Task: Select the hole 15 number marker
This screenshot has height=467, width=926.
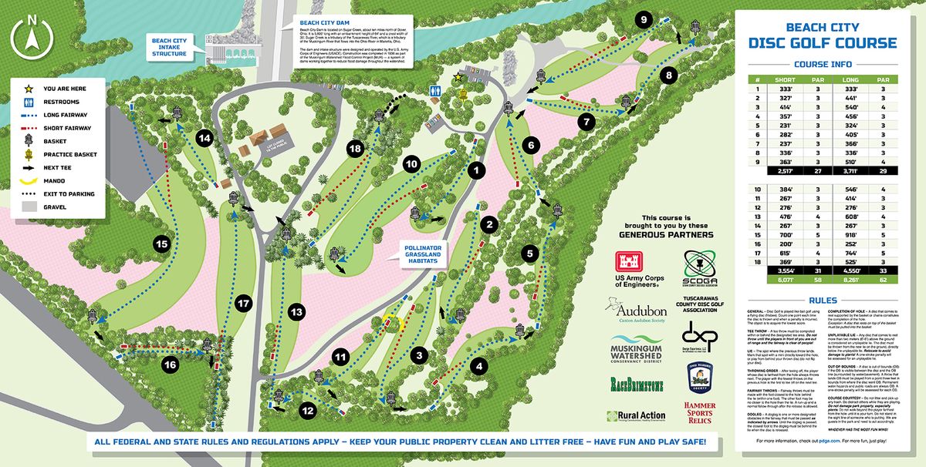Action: (161, 244)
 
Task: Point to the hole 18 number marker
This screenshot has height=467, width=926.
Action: (356, 149)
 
